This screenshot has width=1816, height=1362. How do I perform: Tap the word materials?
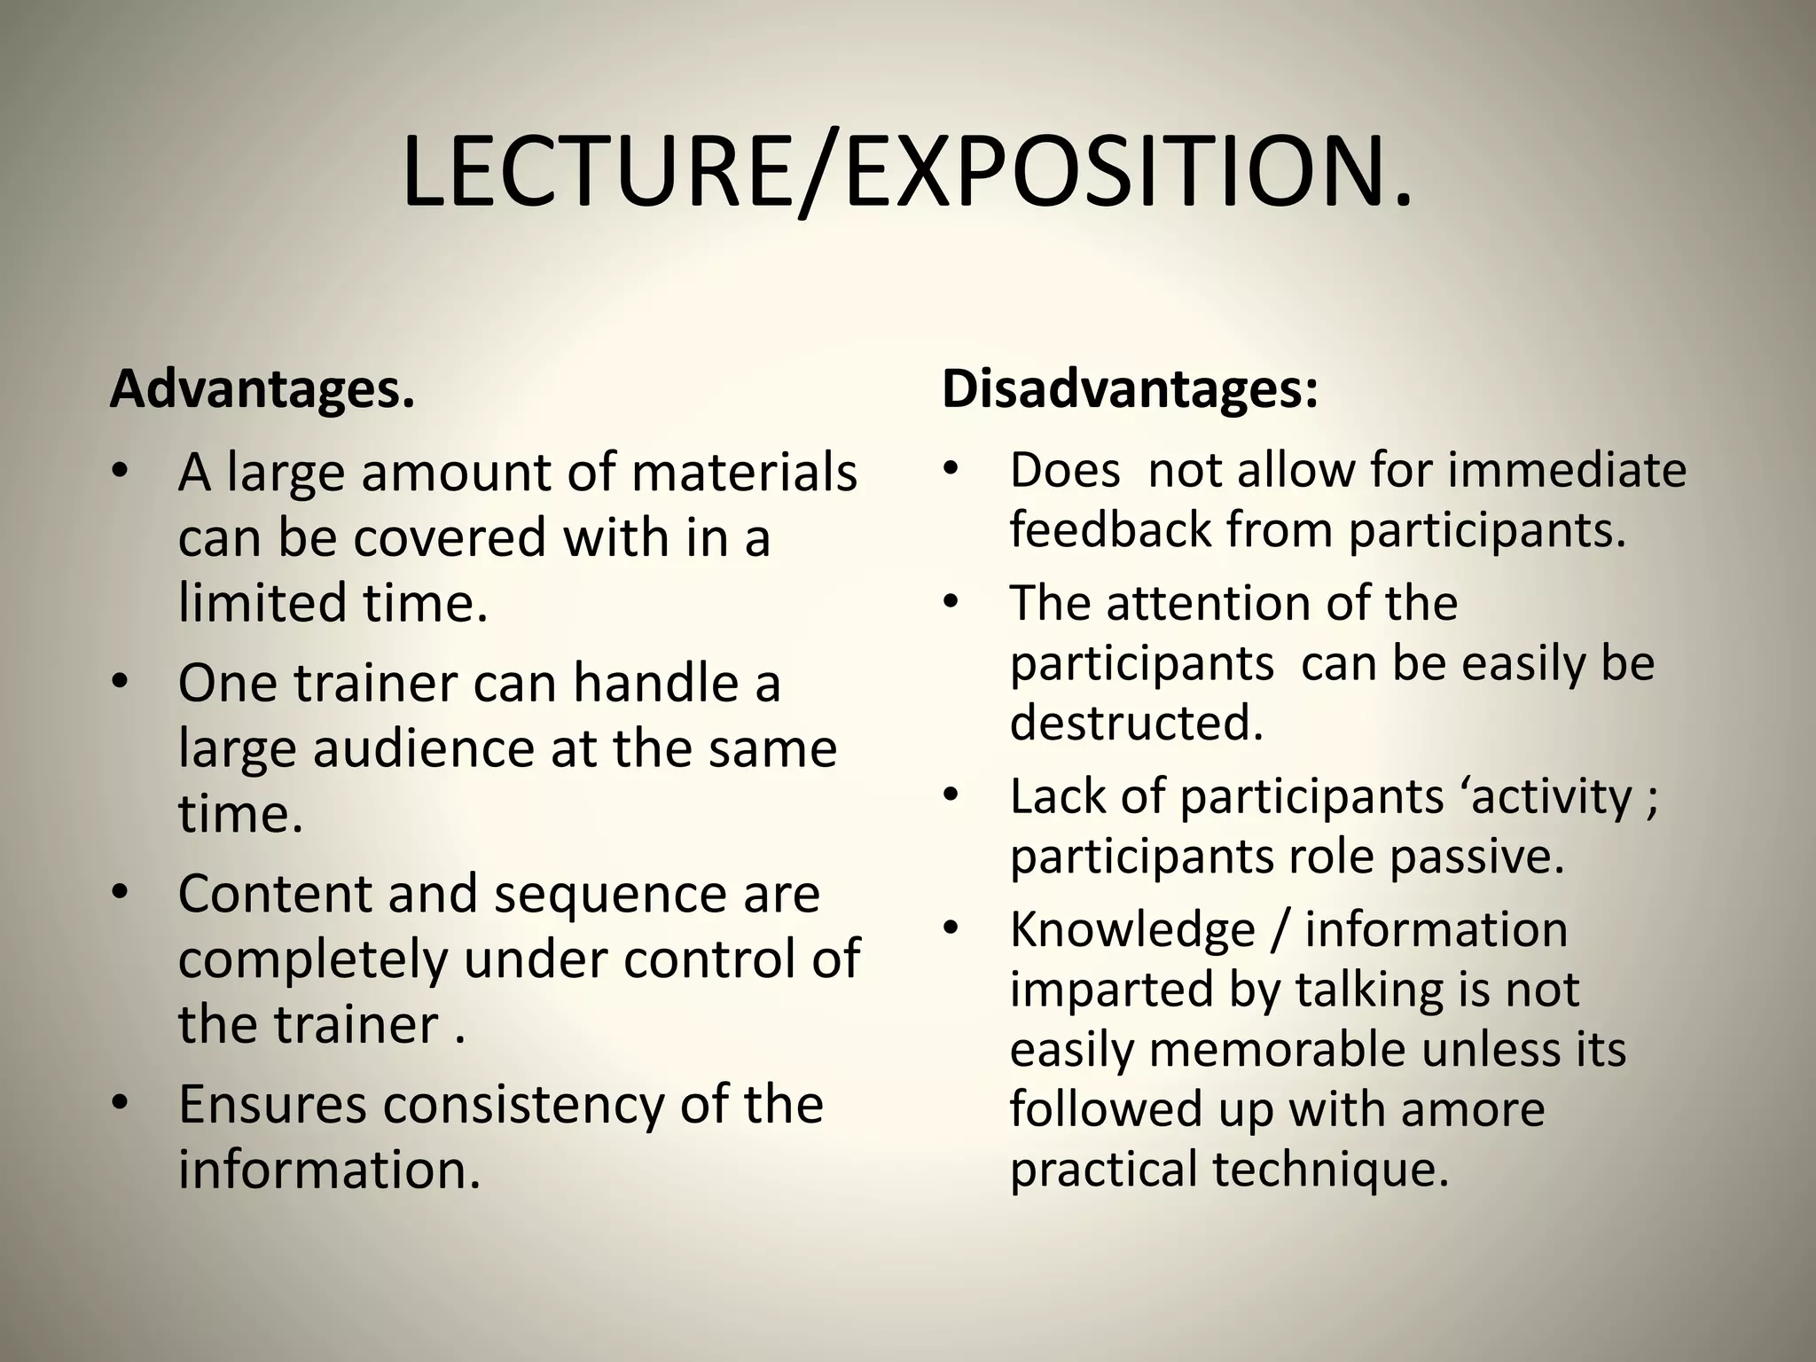point(744,473)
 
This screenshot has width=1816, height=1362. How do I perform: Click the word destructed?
point(1136,722)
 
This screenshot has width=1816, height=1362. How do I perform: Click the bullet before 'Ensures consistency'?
point(121,1105)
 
